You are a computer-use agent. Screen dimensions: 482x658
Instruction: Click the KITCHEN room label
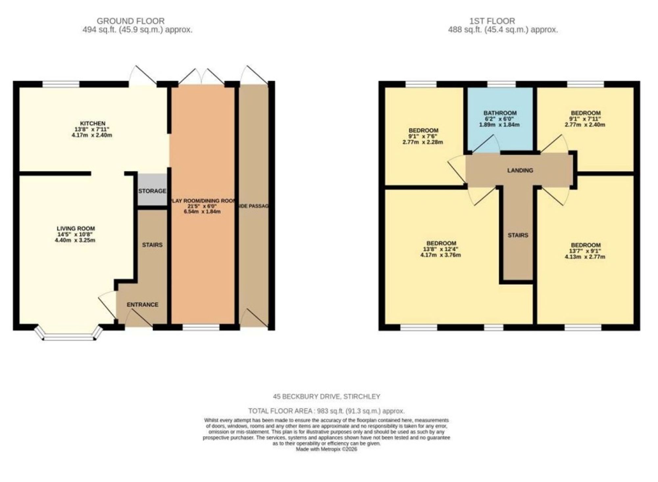tap(93, 124)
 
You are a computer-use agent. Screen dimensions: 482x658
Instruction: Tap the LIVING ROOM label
tap(76, 229)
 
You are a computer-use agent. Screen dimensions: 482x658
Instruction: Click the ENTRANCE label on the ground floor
tap(142, 305)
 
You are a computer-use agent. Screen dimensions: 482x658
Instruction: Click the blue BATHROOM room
tap(500, 118)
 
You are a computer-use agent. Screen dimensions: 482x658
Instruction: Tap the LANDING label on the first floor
tap(520, 170)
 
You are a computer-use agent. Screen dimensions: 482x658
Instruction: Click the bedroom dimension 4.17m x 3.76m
tap(440, 255)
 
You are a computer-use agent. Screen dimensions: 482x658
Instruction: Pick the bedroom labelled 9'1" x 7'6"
tap(423, 136)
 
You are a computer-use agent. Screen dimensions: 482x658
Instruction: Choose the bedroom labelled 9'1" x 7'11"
tap(585, 119)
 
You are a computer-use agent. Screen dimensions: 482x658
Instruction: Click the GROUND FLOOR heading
tap(131, 21)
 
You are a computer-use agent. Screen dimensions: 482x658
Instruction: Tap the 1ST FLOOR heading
tap(492, 21)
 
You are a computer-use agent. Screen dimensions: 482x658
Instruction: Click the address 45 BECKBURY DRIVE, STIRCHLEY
tap(326, 397)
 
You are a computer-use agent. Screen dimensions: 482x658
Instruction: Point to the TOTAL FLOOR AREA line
tap(326, 411)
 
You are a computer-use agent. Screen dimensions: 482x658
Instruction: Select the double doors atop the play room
tap(201, 76)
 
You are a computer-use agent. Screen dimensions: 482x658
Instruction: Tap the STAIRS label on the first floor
tap(518, 235)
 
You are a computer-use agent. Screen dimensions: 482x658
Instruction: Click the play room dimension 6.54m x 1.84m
tap(202, 211)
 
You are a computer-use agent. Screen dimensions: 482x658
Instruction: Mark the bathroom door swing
tap(486, 145)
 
